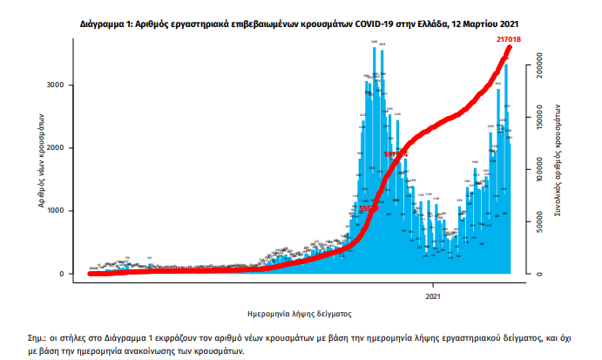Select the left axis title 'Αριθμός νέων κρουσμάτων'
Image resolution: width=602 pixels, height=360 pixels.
tap(40, 163)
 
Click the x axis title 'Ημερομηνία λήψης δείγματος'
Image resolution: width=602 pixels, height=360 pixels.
tap(301, 312)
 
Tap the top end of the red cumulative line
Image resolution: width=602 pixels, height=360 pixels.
tap(510, 48)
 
